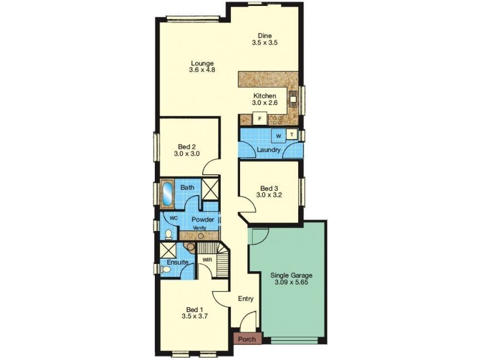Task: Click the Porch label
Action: pos(247,339)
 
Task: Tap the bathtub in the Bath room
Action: pos(167,194)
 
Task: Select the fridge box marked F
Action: pos(260,119)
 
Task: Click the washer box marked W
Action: pos(278,136)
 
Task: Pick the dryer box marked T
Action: pos(292,134)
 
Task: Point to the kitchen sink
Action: pos(293,99)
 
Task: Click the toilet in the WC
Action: pos(169,235)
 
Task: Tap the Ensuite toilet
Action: pos(166,269)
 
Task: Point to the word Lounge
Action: pos(202,64)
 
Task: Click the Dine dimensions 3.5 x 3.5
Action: pos(265,43)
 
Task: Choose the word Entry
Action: pos(246,299)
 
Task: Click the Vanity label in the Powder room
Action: pos(199,228)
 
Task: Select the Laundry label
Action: pos(268,150)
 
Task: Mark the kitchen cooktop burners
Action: pos(278,120)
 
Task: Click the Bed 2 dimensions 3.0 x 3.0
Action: pos(187,154)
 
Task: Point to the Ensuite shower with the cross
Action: pos(167,250)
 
